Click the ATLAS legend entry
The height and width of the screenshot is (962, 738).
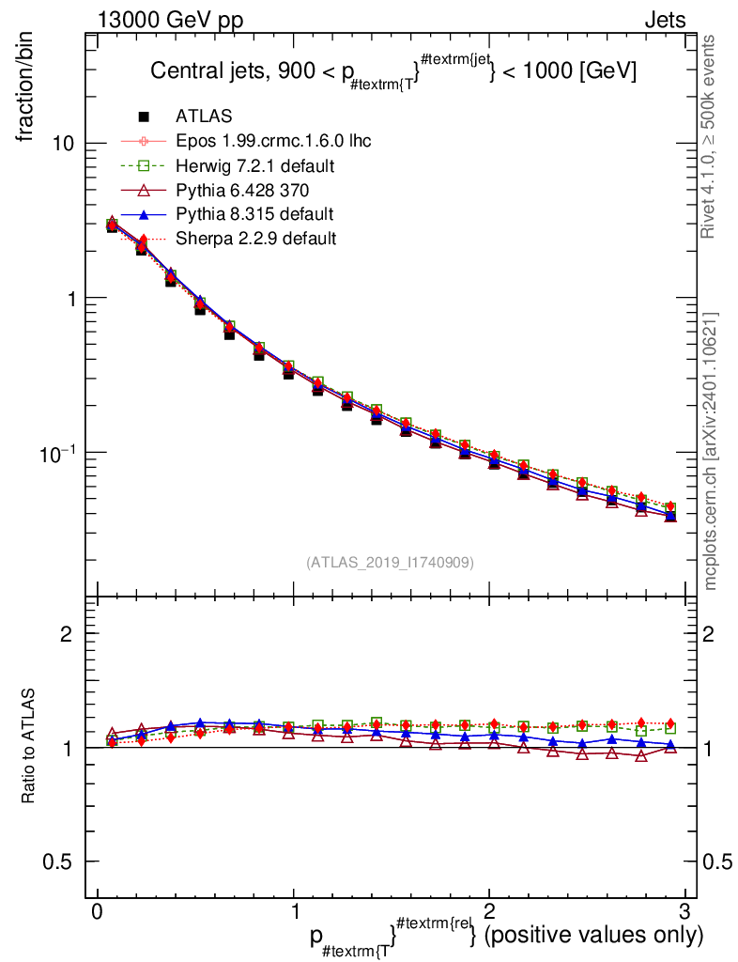coord(204,116)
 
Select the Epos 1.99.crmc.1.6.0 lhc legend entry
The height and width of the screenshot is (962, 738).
coord(273,141)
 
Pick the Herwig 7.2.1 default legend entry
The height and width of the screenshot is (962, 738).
coord(255,165)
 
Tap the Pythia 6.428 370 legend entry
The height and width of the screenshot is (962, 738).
coord(248,190)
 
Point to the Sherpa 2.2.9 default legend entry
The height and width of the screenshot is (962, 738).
coord(255,239)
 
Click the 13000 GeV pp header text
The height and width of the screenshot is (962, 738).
coord(169,21)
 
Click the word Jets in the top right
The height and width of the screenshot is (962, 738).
coord(664,21)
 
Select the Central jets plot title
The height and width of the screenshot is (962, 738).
coord(394,72)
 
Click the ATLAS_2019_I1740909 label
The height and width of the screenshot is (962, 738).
coord(390,563)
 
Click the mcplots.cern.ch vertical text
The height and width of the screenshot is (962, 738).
coord(710,451)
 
